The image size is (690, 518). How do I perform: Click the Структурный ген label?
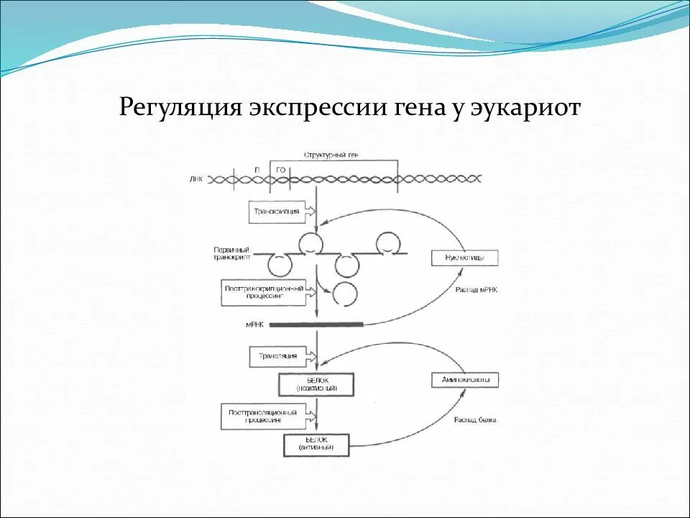click(x=331, y=155)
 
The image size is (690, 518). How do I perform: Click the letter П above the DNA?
click(x=257, y=169)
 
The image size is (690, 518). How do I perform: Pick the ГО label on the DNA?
click(x=281, y=169)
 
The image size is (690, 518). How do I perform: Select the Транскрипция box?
click(x=277, y=212)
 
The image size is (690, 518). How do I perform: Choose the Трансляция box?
click(x=277, y=355)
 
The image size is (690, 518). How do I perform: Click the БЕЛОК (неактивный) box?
click(x=316, y=383)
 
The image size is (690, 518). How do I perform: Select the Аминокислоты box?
click(x=464, y=381)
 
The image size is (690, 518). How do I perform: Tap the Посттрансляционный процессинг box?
click(x=263, y=417)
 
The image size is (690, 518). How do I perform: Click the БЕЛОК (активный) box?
click(x=316, y=445)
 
